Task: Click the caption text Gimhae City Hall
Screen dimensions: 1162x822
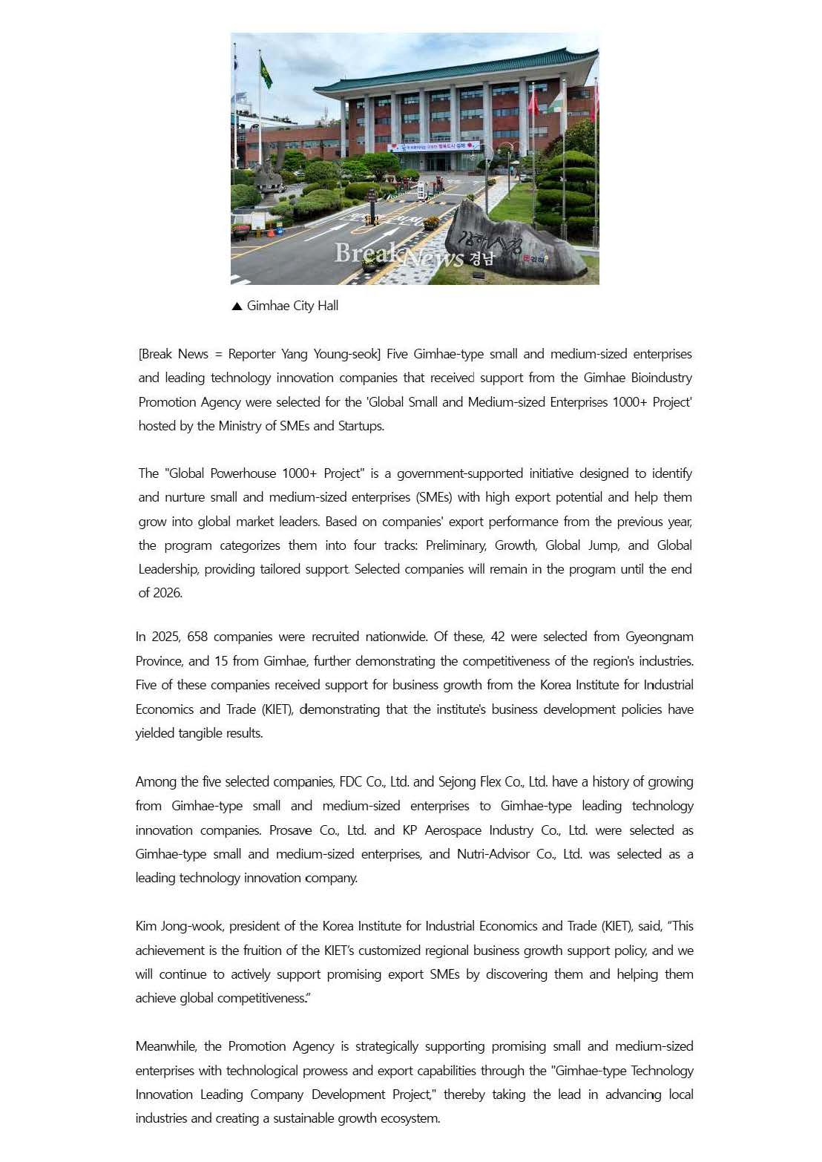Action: pos(292,306)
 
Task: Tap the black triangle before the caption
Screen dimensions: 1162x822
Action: pos(237,306)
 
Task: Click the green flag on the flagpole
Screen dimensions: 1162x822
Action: pos(266,72)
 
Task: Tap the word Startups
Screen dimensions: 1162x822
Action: pos(361,426)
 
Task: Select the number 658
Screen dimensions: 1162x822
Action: pos(197,637)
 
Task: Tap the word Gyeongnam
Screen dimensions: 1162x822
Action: pos(660,637)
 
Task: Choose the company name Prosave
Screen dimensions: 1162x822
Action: pos(290,830)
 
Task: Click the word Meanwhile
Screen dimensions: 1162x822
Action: pos(165,1046)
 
